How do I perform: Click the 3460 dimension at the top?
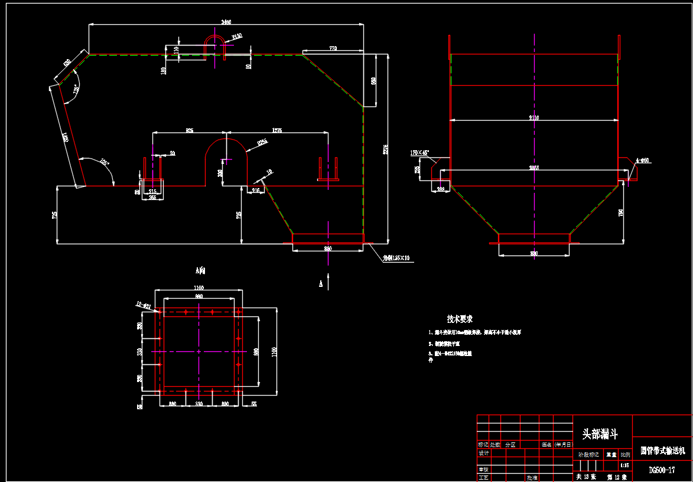point(226,22)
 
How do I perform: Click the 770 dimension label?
point(333,49)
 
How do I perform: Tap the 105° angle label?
point(105,162)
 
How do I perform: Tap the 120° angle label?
point(76,90)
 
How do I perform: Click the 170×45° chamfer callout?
point(420,153)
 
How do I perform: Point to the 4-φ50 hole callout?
point(642,160)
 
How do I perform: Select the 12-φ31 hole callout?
point(143,305)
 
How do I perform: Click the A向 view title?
point(200,270)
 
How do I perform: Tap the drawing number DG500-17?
point(662,470)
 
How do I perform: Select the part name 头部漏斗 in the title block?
point(600,435)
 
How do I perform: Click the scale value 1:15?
point(625,465)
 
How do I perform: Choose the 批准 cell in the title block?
point(532,477)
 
